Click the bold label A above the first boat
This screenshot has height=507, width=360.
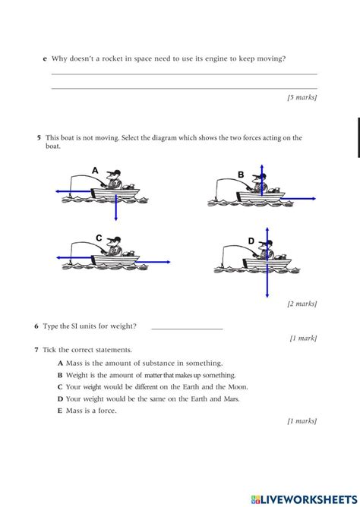coord(95,170)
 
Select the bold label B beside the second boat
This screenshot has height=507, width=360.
coord(241,175)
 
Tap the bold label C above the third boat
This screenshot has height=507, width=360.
coord(99,238)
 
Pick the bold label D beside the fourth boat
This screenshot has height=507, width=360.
coord(251,241)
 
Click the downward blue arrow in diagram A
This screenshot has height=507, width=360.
coord(115,208)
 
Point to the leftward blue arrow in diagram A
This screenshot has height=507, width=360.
coord(74,191)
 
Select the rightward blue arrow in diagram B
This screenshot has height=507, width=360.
coord(300,199)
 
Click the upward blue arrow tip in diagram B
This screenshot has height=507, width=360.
coord(262,165)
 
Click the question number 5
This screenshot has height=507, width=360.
coord(39,137)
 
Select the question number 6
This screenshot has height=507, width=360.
coord(36,326)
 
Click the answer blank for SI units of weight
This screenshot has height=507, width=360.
coord(188,329)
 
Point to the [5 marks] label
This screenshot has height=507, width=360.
coord(302,97)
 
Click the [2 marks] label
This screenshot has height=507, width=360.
coord(302,304)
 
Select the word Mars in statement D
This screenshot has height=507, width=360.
coord(232,399)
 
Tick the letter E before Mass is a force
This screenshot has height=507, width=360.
coord(60,411)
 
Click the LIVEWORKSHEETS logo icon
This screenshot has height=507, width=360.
coord(255,499)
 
